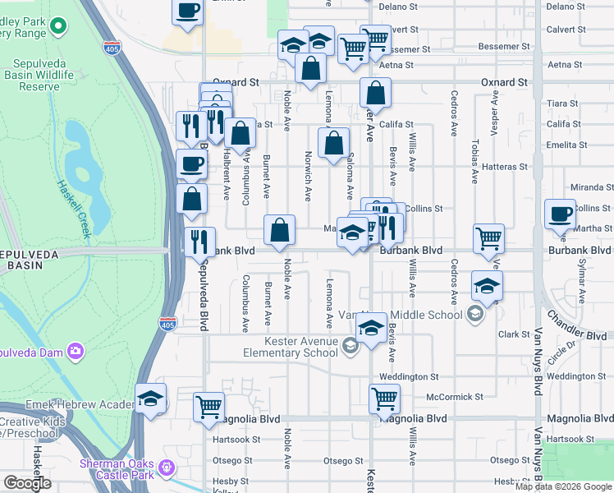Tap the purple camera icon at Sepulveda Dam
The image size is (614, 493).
[x=76, y=351]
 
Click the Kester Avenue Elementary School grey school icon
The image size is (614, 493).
[x=351, y=346]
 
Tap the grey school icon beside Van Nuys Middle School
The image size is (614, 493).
[x=474, y=313]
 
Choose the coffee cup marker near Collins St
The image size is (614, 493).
[x=561, y=213]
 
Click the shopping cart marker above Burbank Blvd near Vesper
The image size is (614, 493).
[x=488, y=237]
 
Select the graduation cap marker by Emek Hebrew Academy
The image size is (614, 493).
[x=150, y=399]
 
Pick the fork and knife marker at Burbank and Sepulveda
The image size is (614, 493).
[x=199, y=240]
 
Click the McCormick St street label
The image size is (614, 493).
[x=455, y=397]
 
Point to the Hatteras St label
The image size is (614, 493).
[x=506, y=167]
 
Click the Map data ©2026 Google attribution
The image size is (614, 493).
[x=563, y=486]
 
